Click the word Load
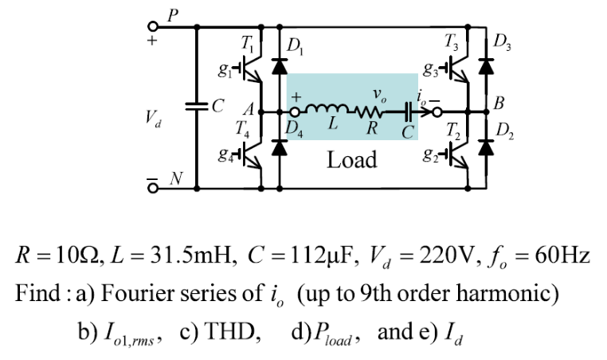point(352,160)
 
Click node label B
point(499,103)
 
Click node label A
point(248,108)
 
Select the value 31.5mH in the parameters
point(182,257)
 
